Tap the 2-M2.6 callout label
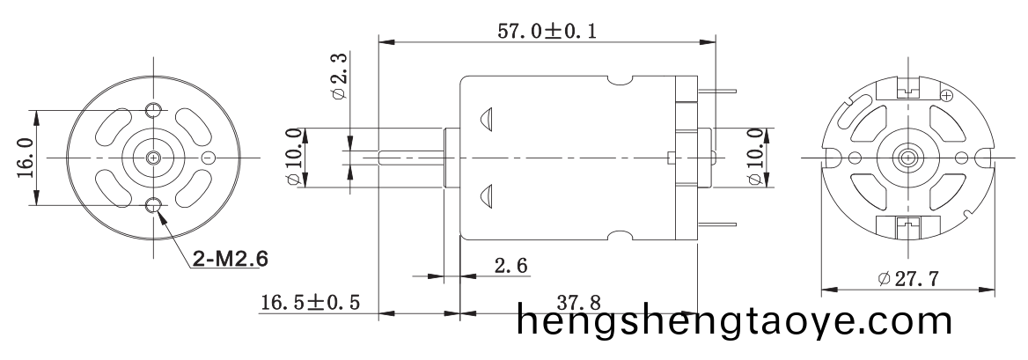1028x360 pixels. coord(231,260)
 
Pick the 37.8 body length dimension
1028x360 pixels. coord(580,302)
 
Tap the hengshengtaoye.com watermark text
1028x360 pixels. coord(734,321)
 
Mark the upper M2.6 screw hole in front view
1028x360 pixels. coord(154,109)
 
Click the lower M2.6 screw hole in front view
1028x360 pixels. coord(154,207)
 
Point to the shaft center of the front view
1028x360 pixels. coord(154,158)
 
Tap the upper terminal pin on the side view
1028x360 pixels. coord(719,88)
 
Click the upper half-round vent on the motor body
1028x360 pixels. coord(487,121)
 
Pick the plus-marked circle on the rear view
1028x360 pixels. coord(947,95)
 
